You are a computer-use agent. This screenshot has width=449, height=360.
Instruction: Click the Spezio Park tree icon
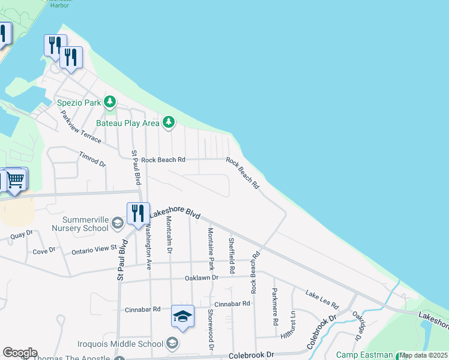[x=109, y=102]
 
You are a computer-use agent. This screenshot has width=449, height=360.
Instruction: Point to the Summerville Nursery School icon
[x=117, y=224]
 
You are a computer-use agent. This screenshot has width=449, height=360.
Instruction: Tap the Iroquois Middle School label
[x=121, y=344]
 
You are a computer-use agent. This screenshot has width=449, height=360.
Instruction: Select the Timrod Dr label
[x=92, y=159]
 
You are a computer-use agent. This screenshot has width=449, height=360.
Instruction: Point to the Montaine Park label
[x=211, y=248]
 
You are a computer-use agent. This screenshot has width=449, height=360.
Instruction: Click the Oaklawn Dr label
[x=202, y=278]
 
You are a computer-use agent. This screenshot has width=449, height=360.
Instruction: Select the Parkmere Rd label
[x=275, y=307]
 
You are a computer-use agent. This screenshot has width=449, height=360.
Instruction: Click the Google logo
[x=20, y=353]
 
